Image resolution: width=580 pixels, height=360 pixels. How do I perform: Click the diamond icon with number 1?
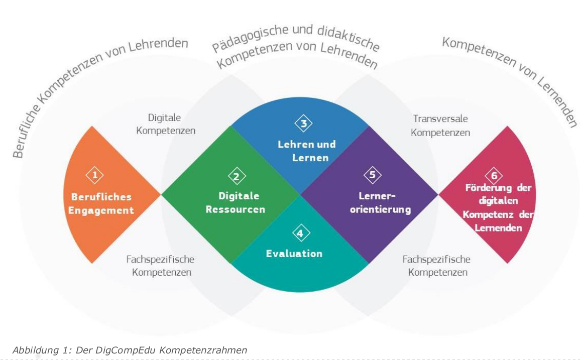[95, 175]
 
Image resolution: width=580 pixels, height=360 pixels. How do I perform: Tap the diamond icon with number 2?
[237, 176]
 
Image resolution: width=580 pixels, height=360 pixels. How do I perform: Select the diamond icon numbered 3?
[304, 123]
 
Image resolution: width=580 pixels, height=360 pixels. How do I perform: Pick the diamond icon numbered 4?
[301, 233]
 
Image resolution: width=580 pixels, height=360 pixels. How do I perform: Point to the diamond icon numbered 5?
[373, 175]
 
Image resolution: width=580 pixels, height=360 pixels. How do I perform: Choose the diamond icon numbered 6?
[494, 176]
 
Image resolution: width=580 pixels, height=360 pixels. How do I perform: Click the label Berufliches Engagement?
[101, 204]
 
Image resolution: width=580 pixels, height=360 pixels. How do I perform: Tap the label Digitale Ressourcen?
[236, 203]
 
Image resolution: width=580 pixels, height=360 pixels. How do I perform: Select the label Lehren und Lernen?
[307, 151]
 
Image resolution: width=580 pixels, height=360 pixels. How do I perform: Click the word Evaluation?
[294, 254]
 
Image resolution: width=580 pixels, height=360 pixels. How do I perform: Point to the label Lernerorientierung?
[380, 203]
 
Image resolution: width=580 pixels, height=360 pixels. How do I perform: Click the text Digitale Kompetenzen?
[165, 125]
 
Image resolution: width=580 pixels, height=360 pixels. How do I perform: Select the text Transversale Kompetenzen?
[440, 126]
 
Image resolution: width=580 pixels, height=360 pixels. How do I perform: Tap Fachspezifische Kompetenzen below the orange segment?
[160, 266]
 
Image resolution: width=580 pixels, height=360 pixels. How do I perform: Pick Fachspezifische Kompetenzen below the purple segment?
[436, 266]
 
